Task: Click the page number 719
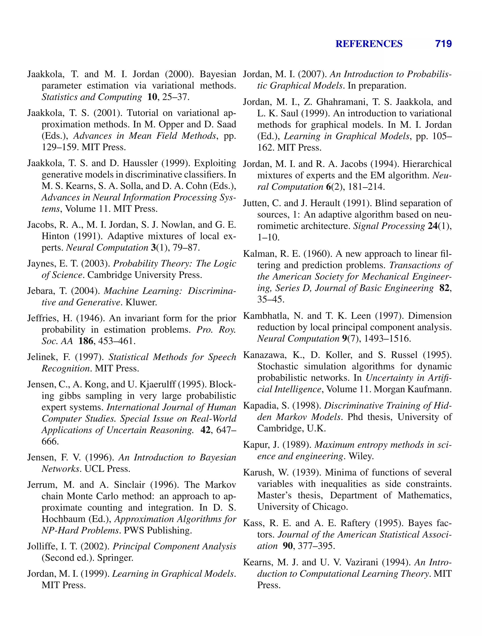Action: pyautogui.click(x=443, y=44)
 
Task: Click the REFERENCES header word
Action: pyautogui.click(x=369, y=44)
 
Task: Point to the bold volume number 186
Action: pyautogui.click(x=86, y=341)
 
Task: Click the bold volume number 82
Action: pyautogui.click(x=445, y=288)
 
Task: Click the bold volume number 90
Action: pyautogui.click(x=288, y=546)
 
